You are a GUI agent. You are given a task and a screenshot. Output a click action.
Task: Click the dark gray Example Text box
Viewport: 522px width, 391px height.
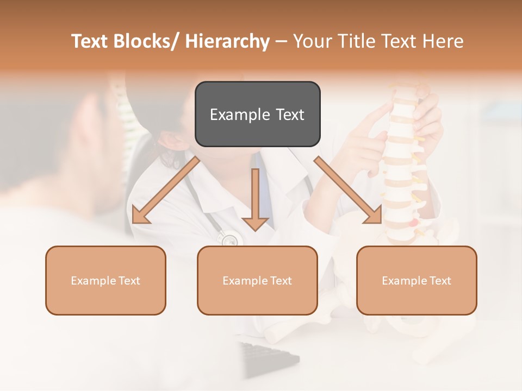257,114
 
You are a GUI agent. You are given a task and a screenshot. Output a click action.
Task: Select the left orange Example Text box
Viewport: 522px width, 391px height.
105,280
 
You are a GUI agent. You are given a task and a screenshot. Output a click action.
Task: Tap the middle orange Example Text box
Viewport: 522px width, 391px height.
257,280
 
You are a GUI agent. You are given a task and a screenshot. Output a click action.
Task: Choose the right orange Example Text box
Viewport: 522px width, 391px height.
417,280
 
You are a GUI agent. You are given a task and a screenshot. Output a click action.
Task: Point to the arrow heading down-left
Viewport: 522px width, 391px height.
166,190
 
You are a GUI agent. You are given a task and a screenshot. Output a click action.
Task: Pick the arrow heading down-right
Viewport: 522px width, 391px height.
348,190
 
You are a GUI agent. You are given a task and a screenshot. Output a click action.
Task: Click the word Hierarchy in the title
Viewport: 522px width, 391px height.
227,41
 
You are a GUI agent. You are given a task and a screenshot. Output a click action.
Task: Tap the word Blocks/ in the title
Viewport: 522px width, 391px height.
144,41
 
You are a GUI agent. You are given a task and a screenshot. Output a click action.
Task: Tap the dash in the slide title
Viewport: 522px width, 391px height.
281,41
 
